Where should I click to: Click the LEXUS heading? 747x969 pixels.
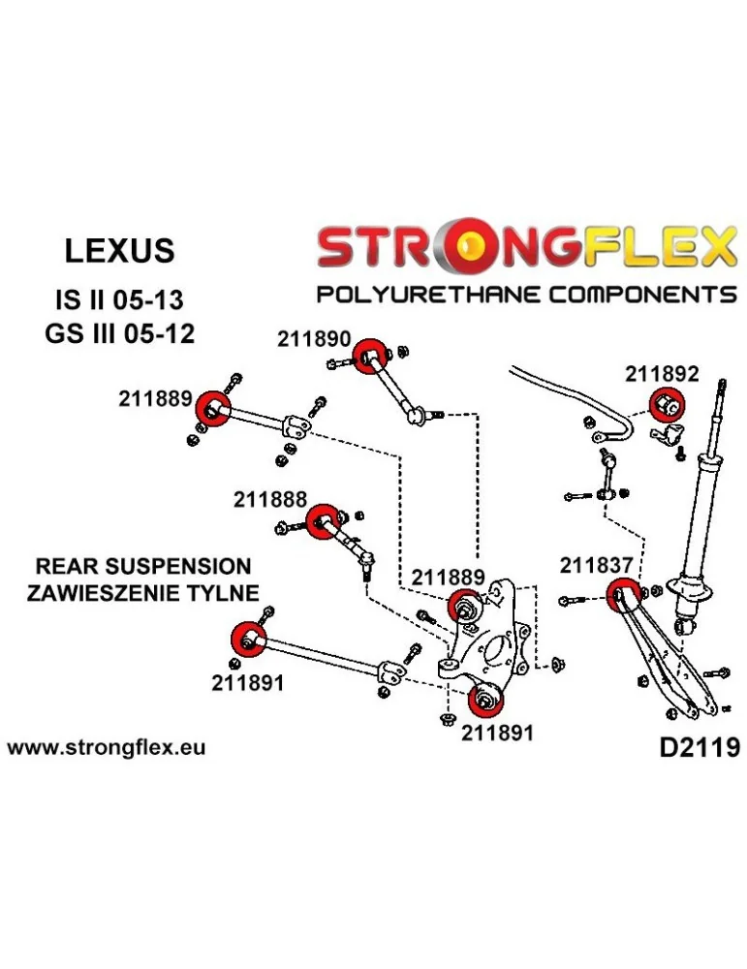pos(119,250)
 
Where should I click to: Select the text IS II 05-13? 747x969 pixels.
pos(119,297)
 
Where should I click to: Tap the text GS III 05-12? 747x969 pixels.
pos(119,335)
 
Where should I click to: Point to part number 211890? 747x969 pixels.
pos(312,338)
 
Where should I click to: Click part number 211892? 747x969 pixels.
pos(662,373)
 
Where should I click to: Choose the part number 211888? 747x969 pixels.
pos(269,500)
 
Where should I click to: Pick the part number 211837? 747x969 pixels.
pos(596,564)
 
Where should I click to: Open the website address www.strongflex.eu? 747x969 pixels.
pos(106,748)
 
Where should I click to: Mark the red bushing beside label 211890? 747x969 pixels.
pos(368,356)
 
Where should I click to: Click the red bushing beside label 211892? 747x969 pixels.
pos(667,401)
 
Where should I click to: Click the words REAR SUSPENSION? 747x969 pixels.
pos(143,567)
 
